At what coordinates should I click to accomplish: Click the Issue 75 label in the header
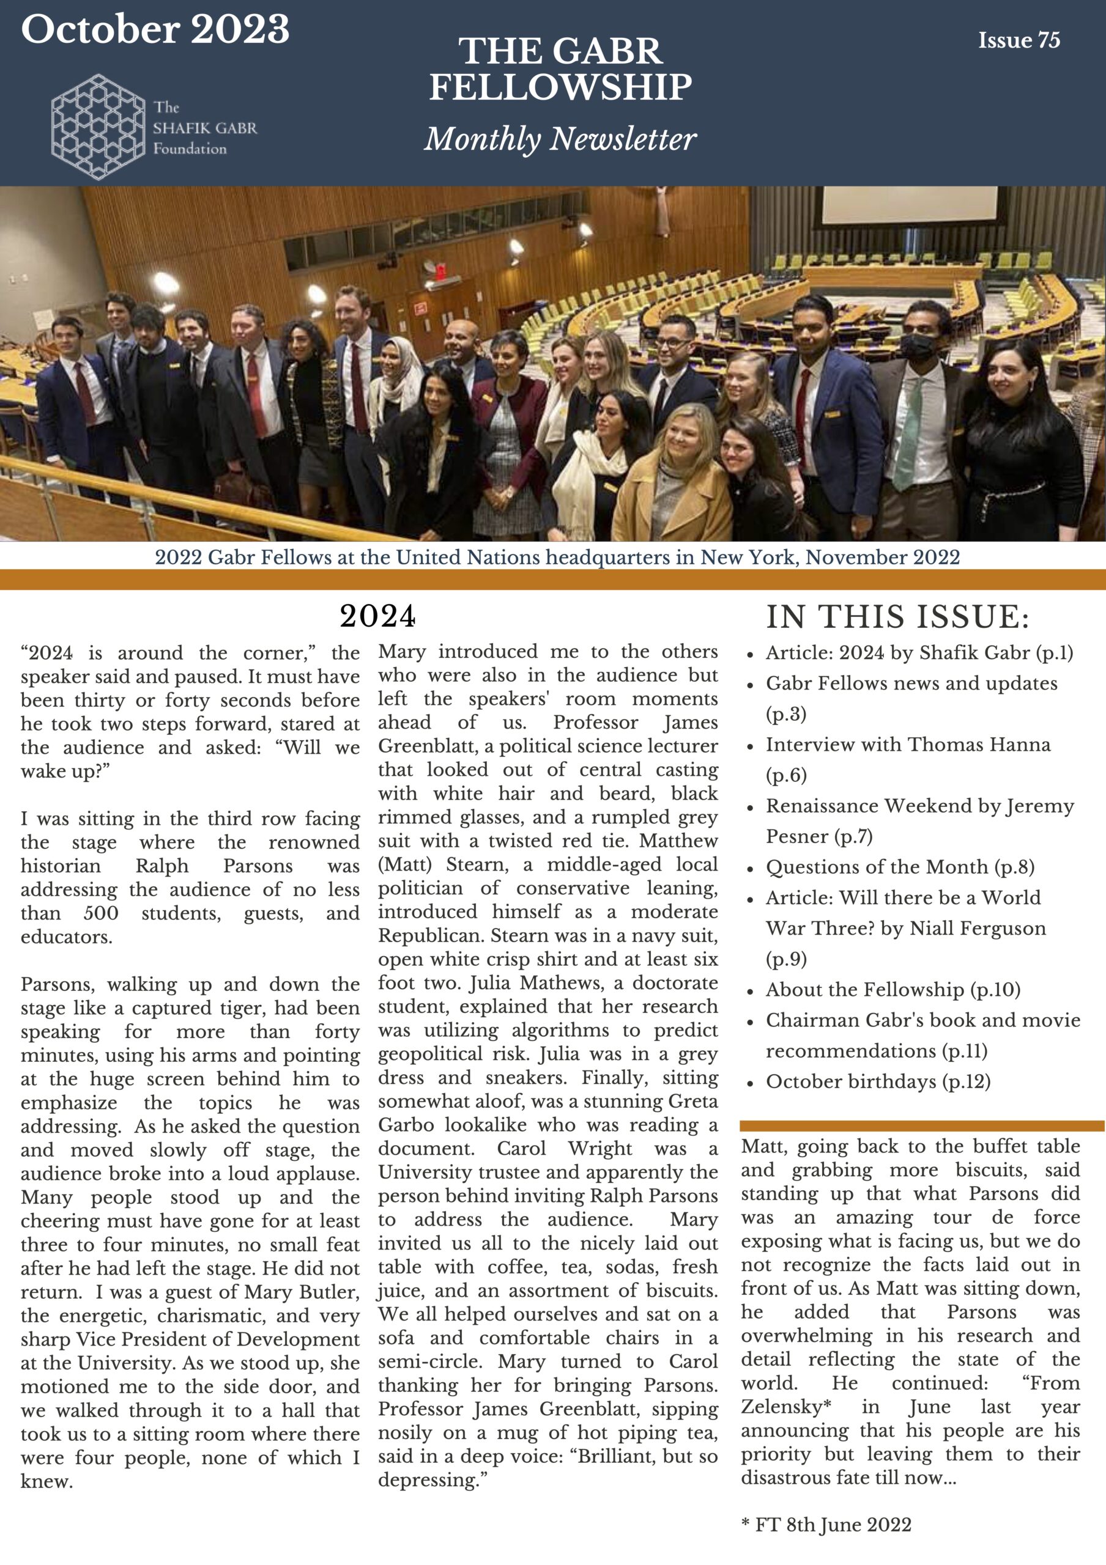1019,40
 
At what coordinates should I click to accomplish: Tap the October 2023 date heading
155,30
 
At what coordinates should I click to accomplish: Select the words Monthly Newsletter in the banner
560,139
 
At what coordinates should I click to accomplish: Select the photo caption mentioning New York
557,557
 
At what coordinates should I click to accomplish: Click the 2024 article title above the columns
378,616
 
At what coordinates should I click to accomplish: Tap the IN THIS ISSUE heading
897,617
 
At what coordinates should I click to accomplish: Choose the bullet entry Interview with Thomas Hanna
908,745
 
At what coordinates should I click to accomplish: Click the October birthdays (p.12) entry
878,1081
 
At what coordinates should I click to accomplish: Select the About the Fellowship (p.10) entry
893,989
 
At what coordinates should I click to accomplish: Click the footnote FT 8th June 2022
826,1524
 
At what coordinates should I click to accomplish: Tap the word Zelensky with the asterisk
785,1406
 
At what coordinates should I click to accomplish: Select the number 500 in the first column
101,913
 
